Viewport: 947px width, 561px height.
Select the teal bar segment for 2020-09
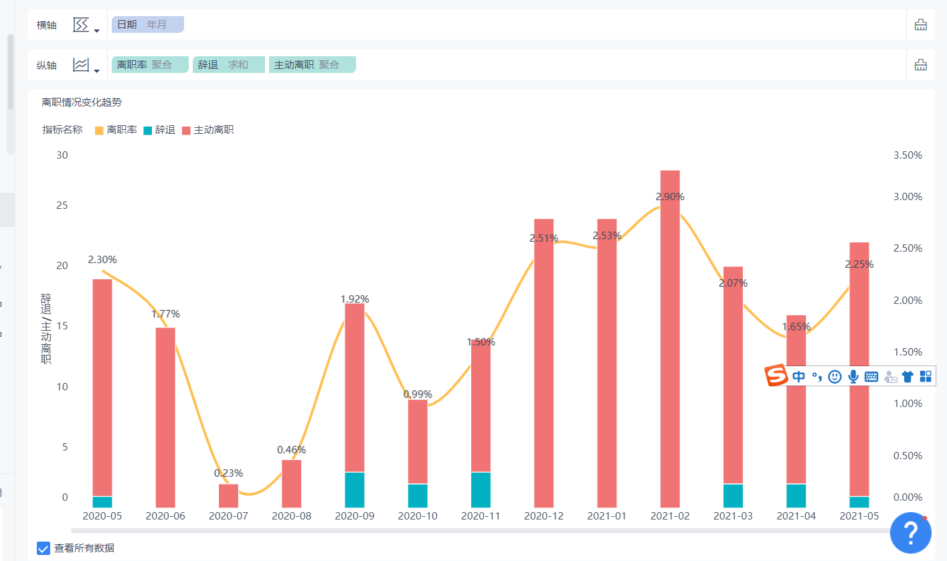click(x=355, y=489)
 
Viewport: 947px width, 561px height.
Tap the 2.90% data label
click(x=670, y=197)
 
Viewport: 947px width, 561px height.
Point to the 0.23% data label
click(x=228, y=473)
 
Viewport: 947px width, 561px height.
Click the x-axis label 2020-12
click(x=543, y=516)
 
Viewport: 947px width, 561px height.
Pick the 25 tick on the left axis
click(x=62, y=206)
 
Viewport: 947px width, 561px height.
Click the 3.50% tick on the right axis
click(x=908, y=155)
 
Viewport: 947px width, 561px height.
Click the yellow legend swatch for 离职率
click(x=99, y=131)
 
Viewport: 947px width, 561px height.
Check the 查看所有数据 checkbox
click(x=44, y=548)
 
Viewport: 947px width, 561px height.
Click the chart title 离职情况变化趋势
click(x=82, y=102)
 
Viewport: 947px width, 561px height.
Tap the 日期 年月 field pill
click(x=147, y=25)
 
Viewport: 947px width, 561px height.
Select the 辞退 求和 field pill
click(x=228, y=65)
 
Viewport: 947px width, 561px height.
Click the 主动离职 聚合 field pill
click(x=312, y=65)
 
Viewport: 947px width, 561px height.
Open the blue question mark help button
click(x=910, y=533)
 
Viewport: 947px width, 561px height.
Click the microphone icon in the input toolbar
click(x=853, y=376)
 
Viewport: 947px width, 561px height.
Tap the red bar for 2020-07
click(x=228, y=495)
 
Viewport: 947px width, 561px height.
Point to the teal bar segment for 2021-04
click(x=796, y=495)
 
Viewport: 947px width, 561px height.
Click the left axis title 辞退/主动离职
click(x=46, y=328)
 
